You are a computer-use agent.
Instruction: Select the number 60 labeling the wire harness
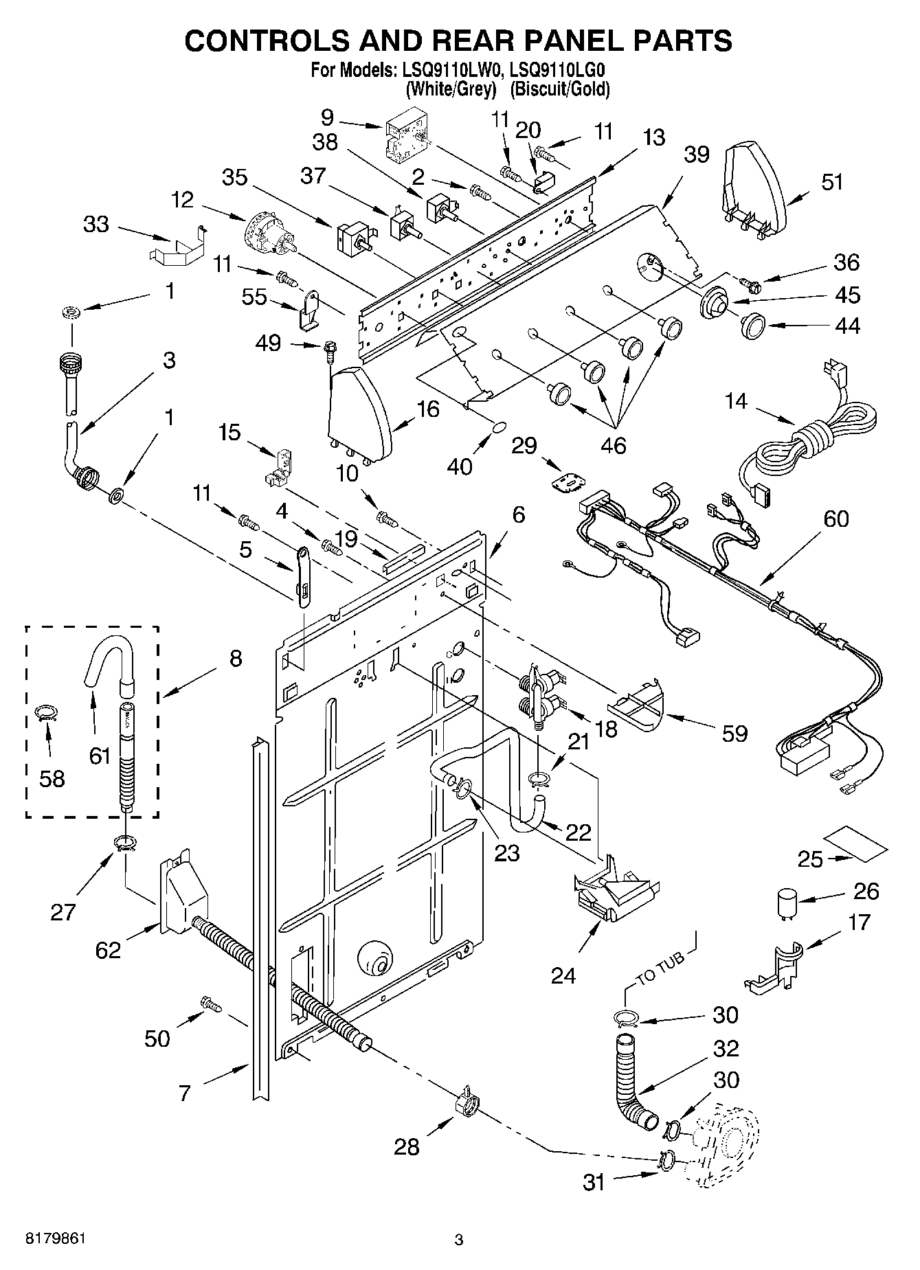835,519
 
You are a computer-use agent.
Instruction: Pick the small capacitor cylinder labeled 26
786,901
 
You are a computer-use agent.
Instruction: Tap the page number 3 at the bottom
459,1239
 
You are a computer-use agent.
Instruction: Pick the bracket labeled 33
177,247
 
